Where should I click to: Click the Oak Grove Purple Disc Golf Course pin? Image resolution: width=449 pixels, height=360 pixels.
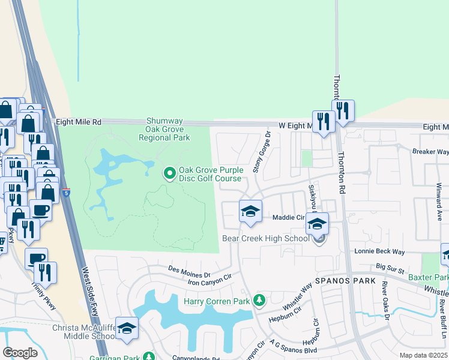(170, 174)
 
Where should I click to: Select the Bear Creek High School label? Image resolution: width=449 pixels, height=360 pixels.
(266, 239)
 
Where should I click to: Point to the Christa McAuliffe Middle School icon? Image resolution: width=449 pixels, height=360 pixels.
(127, 328)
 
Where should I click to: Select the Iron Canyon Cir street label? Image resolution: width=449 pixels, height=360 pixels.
(209, 278)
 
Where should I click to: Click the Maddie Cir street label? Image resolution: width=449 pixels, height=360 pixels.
(289, 217)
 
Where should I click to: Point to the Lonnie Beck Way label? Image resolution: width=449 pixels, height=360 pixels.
(379, 251)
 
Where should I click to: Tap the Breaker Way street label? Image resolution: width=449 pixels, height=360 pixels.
(430, 152)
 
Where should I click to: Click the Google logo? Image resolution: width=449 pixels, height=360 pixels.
(20, 352)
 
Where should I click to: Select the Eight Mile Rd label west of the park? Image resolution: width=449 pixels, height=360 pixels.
(79, 122)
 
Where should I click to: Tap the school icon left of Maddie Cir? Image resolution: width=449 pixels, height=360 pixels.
(250, 211)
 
